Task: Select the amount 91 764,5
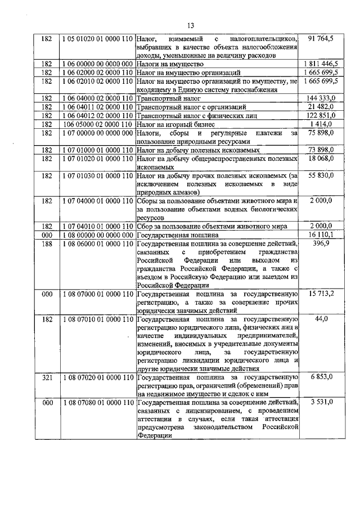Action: click(x=321, y=39)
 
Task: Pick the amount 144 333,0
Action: click(x=321, y=98)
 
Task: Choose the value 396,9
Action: click(x=321, y=243)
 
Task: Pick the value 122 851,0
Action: click(x=321, y=115)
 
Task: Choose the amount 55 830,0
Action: click(x=321, y=175)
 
